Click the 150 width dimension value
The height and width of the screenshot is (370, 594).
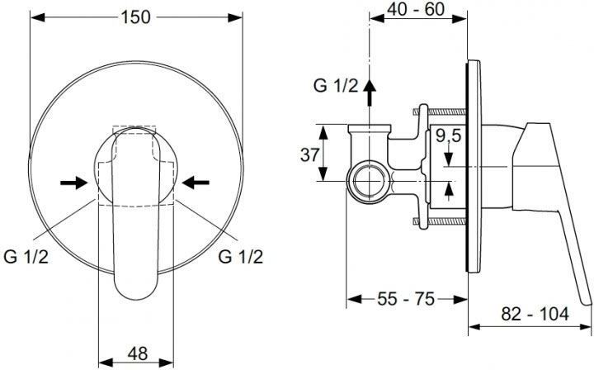135,17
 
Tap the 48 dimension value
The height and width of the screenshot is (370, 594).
138,353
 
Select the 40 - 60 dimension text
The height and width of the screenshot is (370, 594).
416,9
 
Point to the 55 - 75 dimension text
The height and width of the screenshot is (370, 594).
406,300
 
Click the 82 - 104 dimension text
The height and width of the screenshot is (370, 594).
535,314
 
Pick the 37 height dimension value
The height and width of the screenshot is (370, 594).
309,154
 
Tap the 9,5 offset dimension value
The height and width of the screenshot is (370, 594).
449,135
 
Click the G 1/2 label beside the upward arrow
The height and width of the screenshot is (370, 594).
335,86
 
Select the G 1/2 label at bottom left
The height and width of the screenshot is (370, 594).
26,257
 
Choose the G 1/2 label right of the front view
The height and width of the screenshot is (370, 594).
241,257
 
